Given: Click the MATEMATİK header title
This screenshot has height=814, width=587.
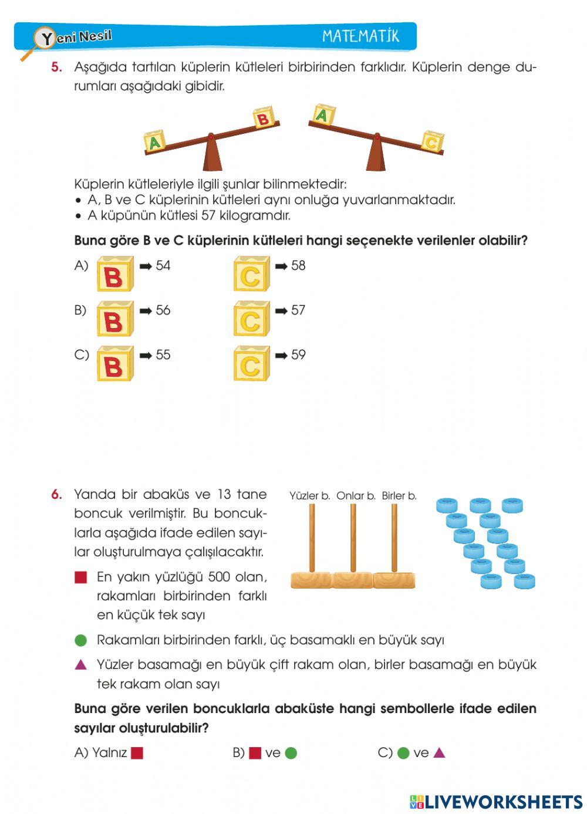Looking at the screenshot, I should click(x=360, y=36).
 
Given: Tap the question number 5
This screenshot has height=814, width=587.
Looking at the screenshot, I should click(x=56, y=67).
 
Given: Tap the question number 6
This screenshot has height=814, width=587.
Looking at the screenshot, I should click(x=56, y=494).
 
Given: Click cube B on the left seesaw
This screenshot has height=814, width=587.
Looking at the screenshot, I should click(x=264, y=118).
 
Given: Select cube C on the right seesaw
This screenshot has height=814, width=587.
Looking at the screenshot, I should click(x=432, y=141).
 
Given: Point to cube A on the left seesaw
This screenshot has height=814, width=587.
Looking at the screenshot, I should click(x=154, y=141).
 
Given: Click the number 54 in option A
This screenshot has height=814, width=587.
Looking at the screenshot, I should click(x=163, y=266).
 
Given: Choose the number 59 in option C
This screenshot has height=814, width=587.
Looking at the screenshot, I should click(x=298, y=355).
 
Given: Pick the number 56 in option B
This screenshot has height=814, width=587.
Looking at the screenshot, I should click(x=163, y=310).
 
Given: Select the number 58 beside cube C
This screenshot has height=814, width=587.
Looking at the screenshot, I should click(x=298, y=266).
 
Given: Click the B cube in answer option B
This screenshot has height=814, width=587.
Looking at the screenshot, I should click(x=115, y=319).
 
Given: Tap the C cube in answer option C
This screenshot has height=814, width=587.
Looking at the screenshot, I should click(x=251, y=364).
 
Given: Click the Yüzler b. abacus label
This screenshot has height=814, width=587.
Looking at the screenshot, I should click(x=309, y=496).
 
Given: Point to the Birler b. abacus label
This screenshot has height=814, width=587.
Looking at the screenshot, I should click(x=399, y=496).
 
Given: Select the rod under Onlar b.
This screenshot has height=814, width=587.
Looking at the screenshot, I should click(x=353, y=537).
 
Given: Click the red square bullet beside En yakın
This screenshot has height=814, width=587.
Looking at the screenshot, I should click(x=81, y=577).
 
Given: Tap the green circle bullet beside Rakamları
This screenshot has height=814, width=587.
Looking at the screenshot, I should click(x=81, y=640).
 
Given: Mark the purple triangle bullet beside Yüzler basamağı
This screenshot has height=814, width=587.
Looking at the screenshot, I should click(x=81, y=665).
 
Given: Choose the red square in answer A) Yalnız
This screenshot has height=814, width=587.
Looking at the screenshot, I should click(x=137, y=753).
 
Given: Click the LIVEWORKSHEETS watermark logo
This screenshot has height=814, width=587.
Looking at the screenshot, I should click(x=496, y=802).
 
